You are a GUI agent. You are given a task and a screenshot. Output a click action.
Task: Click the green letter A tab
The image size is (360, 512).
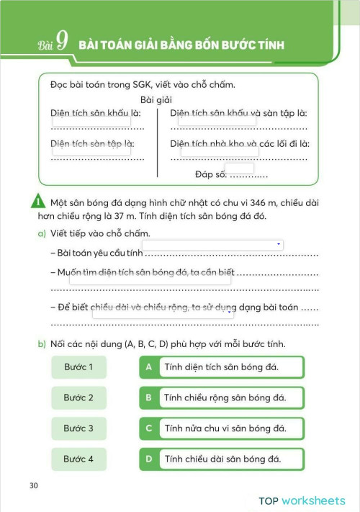click(148, 367)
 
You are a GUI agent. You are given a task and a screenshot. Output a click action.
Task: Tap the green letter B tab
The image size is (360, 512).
click(148, 398)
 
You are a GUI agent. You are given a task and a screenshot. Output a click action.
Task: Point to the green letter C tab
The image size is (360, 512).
click(148, 428)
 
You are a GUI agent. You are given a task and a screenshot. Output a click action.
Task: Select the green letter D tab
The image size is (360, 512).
click(148, 459)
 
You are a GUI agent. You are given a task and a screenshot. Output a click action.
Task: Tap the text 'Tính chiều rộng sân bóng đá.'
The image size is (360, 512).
click(225, 398)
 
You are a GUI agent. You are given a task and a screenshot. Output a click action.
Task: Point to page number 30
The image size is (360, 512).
click(34, 485)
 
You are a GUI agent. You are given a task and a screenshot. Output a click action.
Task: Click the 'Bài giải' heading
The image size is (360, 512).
click(156, 100)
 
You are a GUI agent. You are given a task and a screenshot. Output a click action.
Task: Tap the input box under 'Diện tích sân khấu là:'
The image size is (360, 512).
click(91, 122)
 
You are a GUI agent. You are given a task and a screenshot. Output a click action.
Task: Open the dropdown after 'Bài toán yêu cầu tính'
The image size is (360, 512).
click(216, 245)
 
